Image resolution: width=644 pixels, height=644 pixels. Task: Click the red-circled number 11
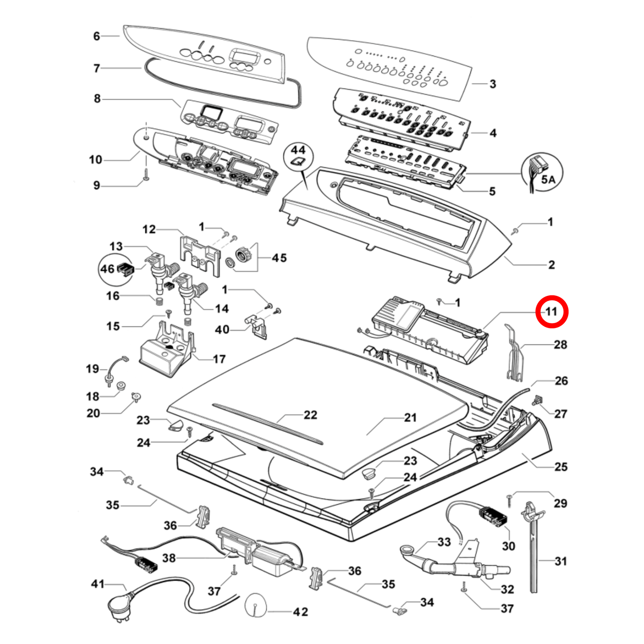click(552, 311)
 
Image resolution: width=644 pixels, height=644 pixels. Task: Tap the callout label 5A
click(548, 180)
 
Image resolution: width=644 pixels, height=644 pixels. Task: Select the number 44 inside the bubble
click(298, 150)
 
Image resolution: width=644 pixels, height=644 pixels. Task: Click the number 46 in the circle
click(107, 269)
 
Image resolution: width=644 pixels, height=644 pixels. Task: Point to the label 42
click(300, 612)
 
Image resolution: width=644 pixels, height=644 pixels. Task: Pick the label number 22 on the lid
click(310, 415)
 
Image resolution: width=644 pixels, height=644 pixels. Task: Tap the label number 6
click(97, 36)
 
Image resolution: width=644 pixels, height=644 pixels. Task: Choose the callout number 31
click(561, 561)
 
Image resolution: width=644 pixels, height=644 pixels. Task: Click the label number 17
click(219, 359)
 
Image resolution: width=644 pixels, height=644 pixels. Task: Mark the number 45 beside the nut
click(279, 258)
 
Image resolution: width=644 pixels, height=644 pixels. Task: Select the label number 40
click(222, 329)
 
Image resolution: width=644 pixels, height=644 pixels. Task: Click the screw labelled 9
click(146, 178)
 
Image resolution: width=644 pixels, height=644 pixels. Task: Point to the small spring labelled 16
click(158, 302)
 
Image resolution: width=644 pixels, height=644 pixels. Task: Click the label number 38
click(168, 558)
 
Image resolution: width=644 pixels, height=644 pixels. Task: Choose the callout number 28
click(560, 345)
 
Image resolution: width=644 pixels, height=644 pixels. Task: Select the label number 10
click(95, 160)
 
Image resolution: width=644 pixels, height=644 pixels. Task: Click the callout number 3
click(492, 84)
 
